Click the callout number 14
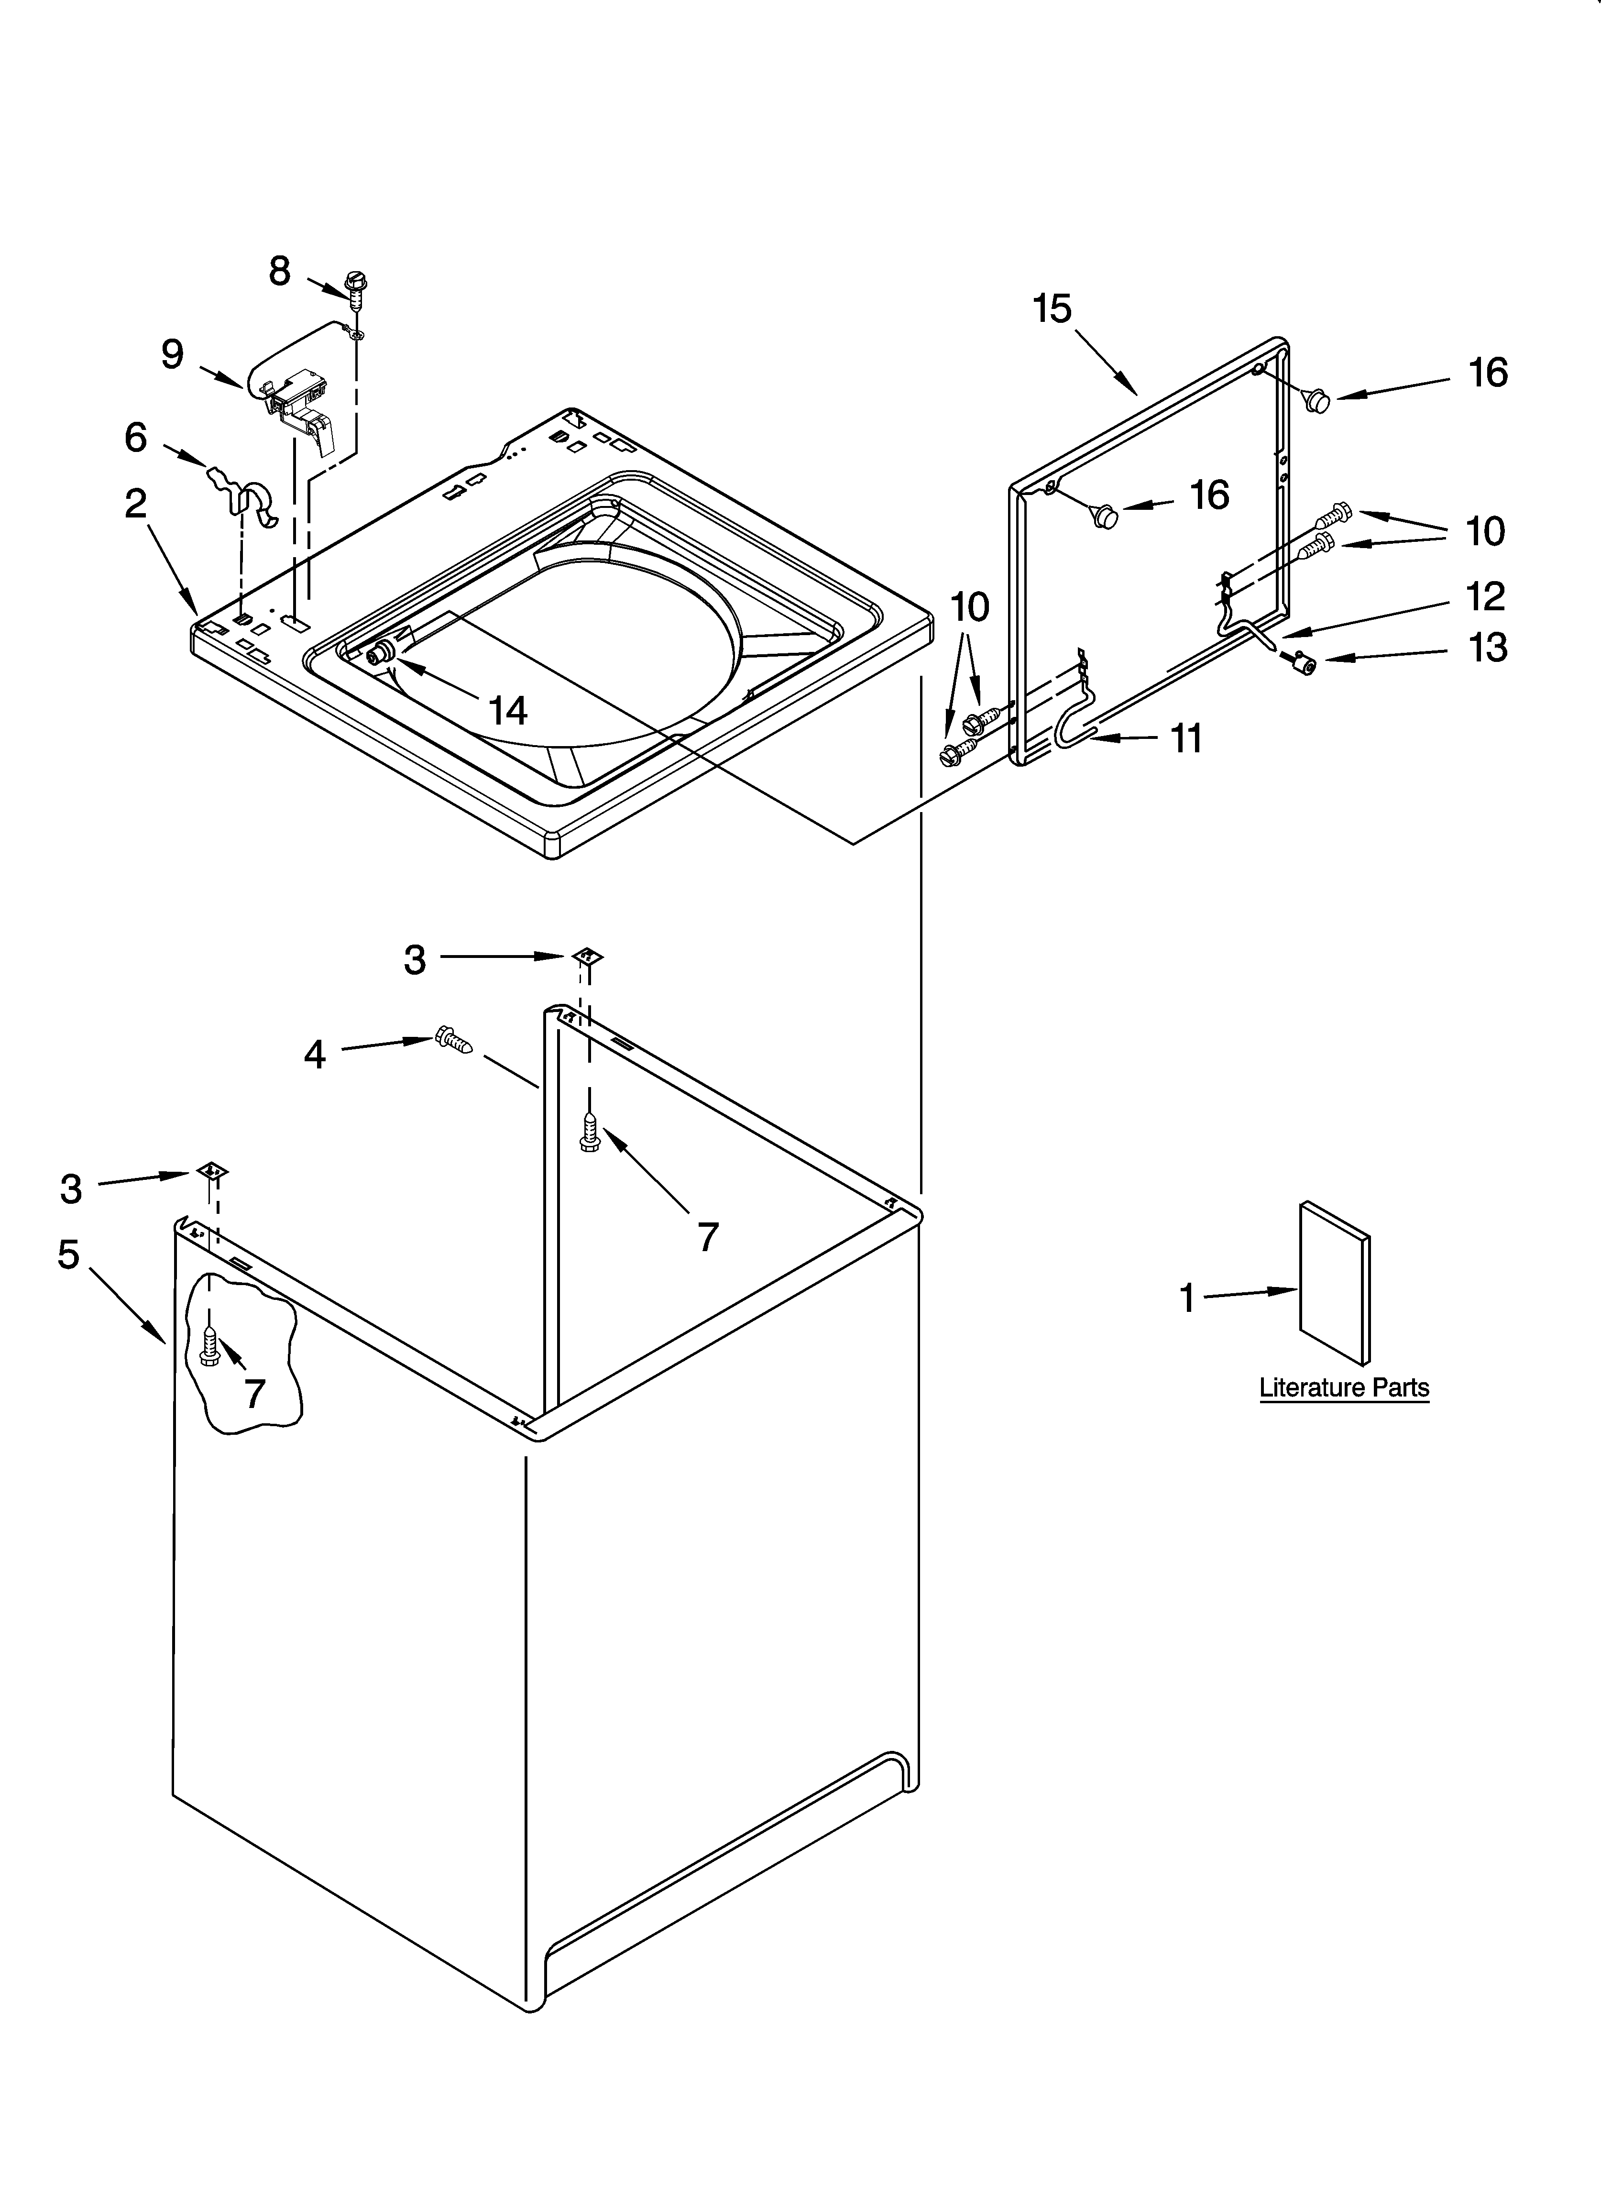coord(508,711)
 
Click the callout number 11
coord(1185,739)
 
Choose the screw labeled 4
coord(454,1041)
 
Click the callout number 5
coord(68,1254)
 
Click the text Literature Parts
coord(1344,1387)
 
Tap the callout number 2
coord(136,503)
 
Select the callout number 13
coord(1488,647)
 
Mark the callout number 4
coord(314,1054)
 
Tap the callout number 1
coord(1186,1298)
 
